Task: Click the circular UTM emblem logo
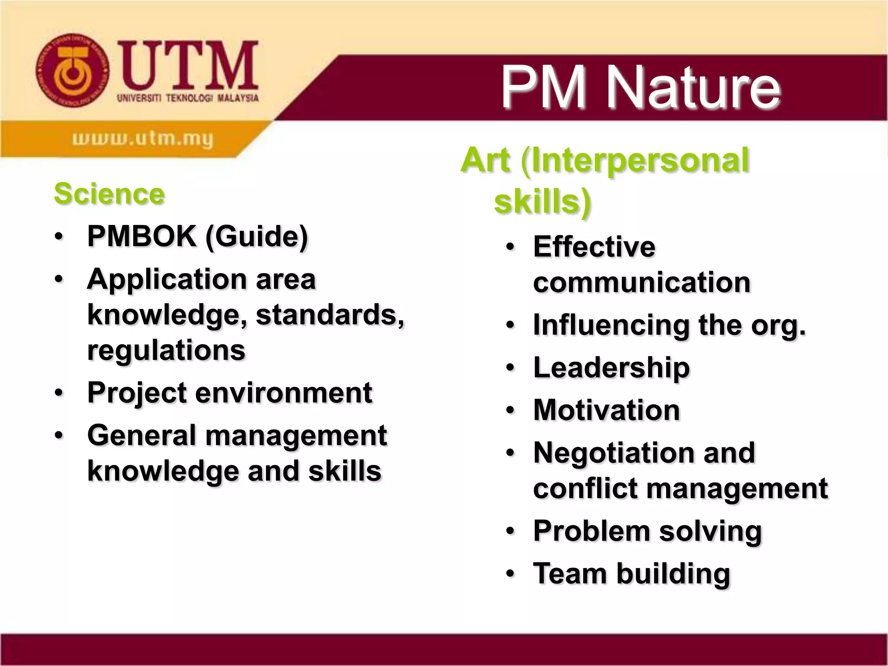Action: click(x=72, y=71)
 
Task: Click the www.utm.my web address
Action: click(x=143, y=139)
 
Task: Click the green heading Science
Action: click(x=109, y=194)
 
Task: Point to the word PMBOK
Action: click(x=142, y=236)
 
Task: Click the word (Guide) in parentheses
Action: click(x=257, y=237)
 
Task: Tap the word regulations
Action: click(x=166, y=350)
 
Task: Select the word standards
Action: click(x=330, y=315)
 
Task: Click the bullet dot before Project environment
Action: click(x=59, y=393)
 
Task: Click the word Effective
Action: click(x=594, y=247)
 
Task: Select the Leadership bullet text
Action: click(x=611, y=368)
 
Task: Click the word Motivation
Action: click(x=607, y=410)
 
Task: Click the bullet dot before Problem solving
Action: click(x=511, y=531)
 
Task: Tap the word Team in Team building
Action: click(x=570, y=574)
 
